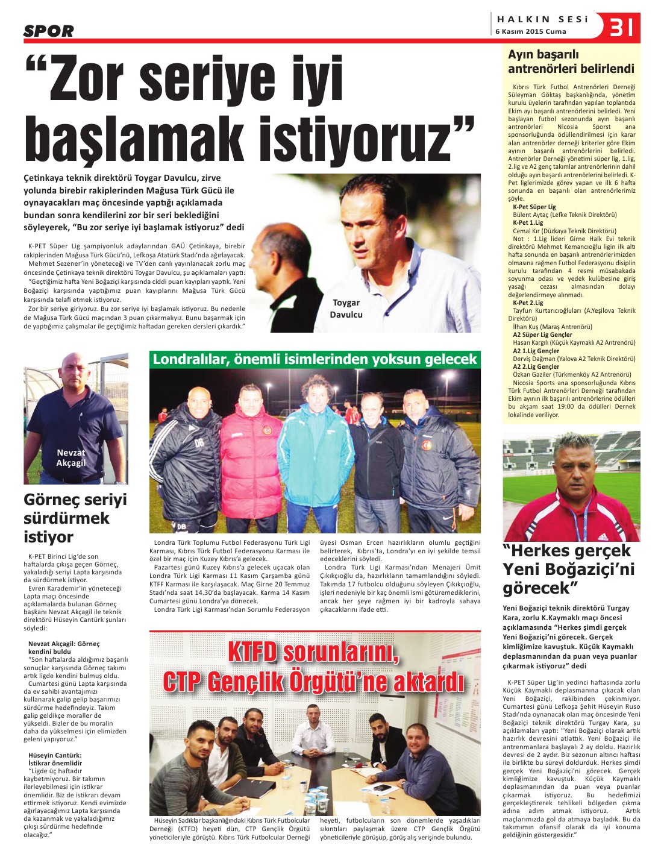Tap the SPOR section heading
(49, 31)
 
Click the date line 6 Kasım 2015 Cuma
(531, 31)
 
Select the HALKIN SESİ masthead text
(542, 19)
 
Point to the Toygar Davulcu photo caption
(346, 309)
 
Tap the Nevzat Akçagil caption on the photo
(71, 457)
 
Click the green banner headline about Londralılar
(315, 360)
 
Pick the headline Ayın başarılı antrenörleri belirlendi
(571, 61)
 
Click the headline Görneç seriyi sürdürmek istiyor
(75, 518)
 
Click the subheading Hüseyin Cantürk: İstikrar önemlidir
(55, 759)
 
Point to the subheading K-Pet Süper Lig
(534, 207)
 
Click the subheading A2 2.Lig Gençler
(536, 366)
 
